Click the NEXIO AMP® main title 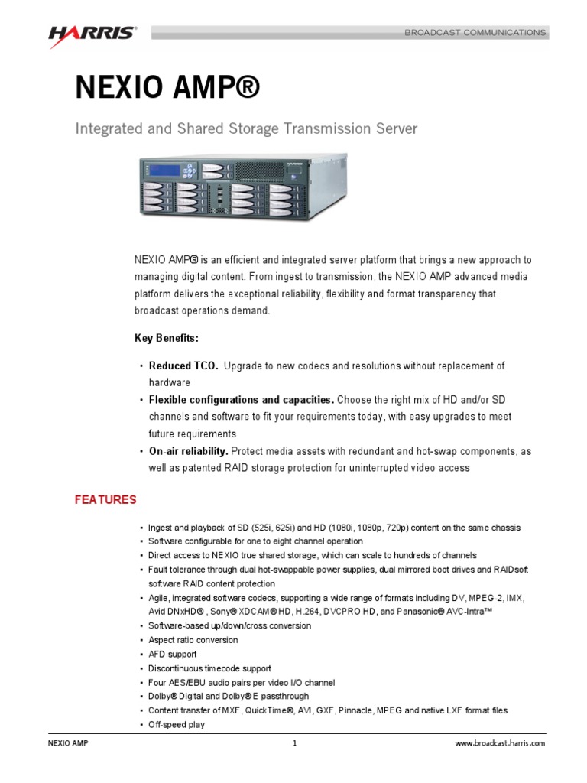(x=167, y=88)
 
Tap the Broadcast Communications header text (x=475, y=33)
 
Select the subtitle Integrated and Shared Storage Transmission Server (x=246, y=129)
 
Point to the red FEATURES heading (x=105, y=500)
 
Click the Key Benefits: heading (x=167, y=338)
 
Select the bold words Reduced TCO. (x=183, y=366)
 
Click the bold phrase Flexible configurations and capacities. (x=241, y=400)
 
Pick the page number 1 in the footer (x=293, y=743)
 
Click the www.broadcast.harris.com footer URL (x=501, y=743)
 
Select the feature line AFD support (x=172, y=654)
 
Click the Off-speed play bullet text (x=177, y=724)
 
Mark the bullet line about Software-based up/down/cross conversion (x=229, y=625)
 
